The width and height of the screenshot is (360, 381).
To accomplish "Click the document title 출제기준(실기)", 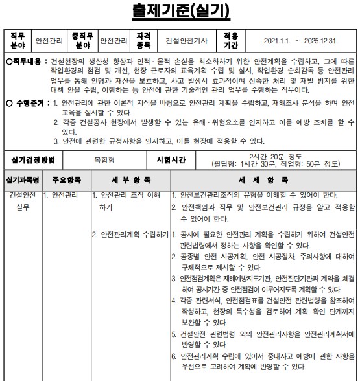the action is coord(180,10).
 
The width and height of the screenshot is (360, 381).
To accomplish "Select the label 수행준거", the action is coord(28,103).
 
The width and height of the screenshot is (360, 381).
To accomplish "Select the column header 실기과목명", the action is coord(22,179).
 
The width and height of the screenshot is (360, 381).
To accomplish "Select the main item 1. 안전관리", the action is coord(61,194).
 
